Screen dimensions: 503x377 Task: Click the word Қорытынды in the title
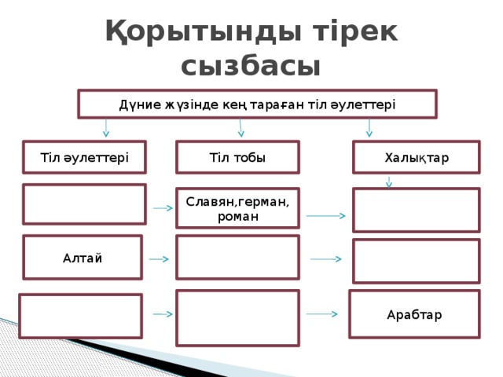tap(204, 32)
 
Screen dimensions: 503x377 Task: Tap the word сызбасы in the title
tap(251, 67)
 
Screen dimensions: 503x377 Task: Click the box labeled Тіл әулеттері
tap(84, 157)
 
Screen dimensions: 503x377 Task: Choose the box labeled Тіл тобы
tap(237, 157)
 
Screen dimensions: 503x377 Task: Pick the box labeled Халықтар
tap(417, 157)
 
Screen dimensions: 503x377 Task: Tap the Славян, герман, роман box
tap(237, 208)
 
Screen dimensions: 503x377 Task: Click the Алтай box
tap(83, 257)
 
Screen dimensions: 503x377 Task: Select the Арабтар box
tap(414, 314)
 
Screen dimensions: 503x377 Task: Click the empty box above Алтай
tap(84, 204)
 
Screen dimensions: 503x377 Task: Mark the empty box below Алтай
tap(80, 316)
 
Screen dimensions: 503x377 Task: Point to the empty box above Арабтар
tap(417, 261)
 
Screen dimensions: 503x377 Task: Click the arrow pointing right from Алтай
tap(159, 259)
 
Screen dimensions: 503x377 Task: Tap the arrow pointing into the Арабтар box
tap(321, 314)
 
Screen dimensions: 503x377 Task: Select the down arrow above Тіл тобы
tap(240, 128)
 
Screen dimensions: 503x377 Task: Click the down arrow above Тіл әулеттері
tap(106, 128)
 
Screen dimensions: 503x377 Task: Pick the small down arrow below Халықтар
tap(389, 182)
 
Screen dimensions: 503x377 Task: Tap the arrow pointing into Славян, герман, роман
tap(163, 208)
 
